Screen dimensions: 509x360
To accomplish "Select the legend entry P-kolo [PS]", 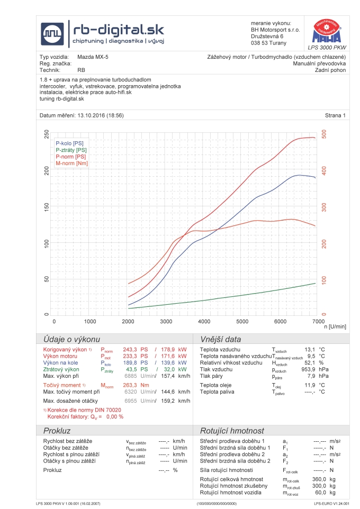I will (x=69, y=143).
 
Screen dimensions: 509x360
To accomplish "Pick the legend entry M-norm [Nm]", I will (x=71, y=163).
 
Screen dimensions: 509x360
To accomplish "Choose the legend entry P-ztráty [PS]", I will (x=71, y=150).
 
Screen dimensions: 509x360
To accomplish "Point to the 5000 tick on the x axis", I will (x=242, y=321).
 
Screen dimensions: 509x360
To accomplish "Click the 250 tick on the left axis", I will (x=47, y=134).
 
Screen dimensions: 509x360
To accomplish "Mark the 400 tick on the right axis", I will (x=323, y=171).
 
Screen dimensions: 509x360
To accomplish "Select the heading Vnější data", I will (x=220, y=339).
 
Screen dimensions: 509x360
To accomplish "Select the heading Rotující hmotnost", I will (x=231, y=431).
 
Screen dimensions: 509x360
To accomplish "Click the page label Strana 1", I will (x=336, y=115).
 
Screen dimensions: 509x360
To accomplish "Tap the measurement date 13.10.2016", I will (x=93, y=115).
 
